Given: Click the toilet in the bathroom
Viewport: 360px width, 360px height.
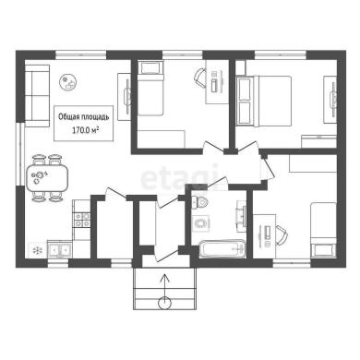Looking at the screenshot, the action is click(199, 202).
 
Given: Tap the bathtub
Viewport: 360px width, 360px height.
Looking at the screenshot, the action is click(222, 248).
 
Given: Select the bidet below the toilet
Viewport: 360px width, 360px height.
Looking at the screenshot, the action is click(201, 222).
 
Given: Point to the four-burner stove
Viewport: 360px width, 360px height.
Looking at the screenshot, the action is click(81, 220).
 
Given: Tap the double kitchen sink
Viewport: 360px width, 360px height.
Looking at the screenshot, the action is click(59, 250).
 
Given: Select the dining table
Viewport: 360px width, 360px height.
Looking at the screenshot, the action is click(47, 178).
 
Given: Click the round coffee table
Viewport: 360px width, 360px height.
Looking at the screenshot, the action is click(69, 82).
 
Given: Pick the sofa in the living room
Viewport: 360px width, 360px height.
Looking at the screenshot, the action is click(37, 96).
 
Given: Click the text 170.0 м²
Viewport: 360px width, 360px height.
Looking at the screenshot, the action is click(85, 130).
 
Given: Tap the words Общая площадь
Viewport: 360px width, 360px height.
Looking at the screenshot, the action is click(83, 117).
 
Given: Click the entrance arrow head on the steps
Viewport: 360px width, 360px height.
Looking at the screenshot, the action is click(165, 277).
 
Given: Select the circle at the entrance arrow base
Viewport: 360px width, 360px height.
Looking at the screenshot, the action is click(164, 303).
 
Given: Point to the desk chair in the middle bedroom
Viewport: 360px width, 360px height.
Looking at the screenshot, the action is click(200, 78).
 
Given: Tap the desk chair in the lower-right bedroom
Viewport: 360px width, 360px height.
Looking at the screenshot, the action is click(282, 235).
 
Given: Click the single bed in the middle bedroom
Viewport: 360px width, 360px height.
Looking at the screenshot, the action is click(150, 88).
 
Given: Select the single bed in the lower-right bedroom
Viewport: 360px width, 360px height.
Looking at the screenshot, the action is click(323, 229).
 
